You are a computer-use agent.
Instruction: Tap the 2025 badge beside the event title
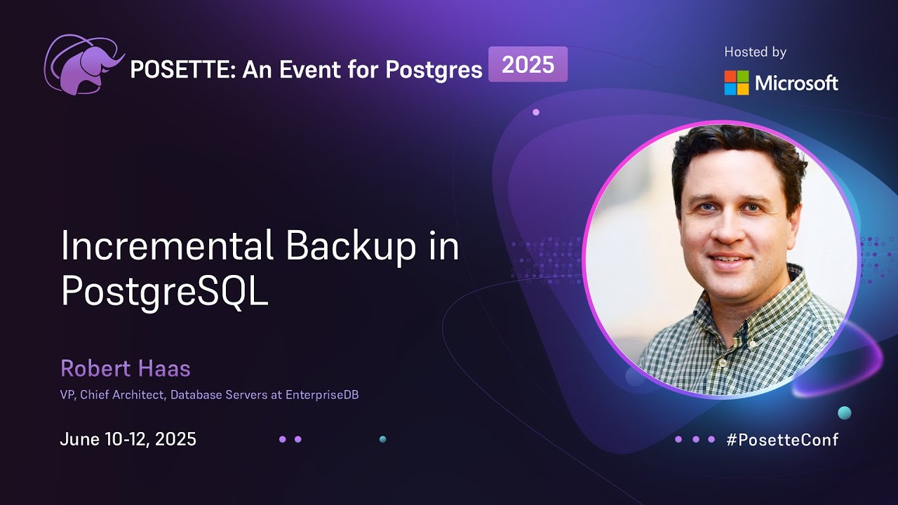pos(528,65)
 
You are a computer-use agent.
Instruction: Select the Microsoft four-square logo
pos(737,83)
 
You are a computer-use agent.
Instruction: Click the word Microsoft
pos(796,83)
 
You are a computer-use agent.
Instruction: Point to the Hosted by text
pos(755,52)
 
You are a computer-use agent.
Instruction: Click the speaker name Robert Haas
pos(126,368)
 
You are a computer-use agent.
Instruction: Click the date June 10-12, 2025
pos(128,440)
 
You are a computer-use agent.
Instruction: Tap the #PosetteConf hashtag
pos(782,440)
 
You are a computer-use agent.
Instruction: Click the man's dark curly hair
pos(737,151)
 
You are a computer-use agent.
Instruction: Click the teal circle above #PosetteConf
pos(845,412)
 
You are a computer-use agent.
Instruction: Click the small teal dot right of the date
pos(382,439)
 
